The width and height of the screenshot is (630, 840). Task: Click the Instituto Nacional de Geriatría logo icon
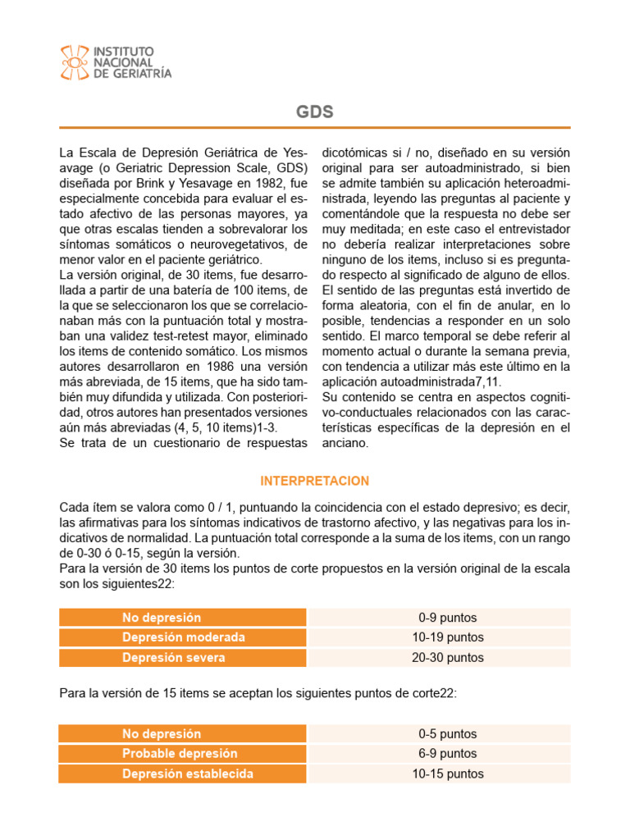coord(75,62)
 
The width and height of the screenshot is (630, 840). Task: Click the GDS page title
coord(314,112)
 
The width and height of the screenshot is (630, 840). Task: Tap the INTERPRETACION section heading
coord(314,481)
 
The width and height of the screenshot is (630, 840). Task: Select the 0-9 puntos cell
coord(447,618)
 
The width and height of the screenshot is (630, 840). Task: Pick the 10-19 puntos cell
coord(447,637)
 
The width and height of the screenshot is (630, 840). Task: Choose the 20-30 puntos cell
coord(447,657)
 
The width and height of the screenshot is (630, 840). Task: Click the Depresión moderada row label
coord(184,637)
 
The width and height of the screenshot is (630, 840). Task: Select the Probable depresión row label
coord(180,754)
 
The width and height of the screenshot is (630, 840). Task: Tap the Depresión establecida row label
coord(188,774)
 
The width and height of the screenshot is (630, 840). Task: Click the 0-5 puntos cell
coord(447,734)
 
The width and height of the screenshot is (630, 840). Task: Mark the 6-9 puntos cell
coord(447,754)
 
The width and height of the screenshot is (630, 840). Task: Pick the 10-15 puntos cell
coord(447,774)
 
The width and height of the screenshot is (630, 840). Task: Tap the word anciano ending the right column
coord(346,443)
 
